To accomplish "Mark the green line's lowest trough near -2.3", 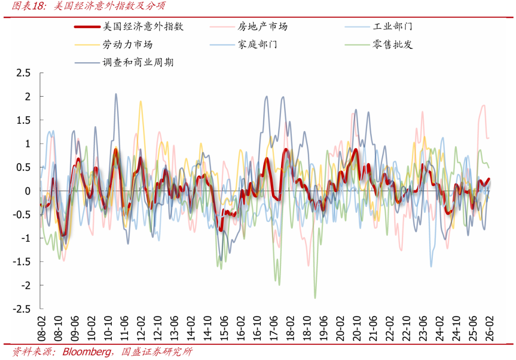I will pos(315,298).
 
